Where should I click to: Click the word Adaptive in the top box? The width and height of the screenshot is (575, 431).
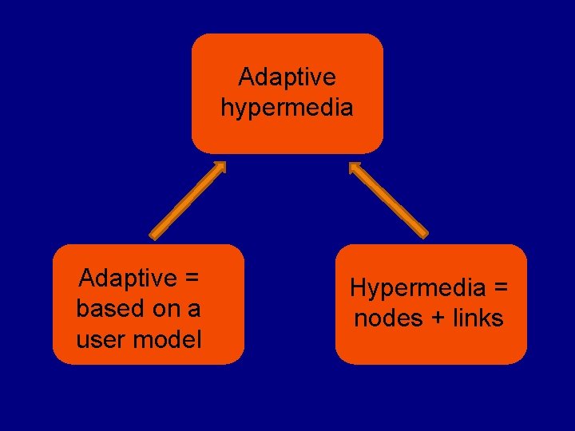pyautogui.click(x=287, y=77)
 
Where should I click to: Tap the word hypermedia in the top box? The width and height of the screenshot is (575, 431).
pyautogui.click(x=287, y=107)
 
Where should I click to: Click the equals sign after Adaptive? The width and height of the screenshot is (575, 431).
pyautogui.click(x=191, y=279)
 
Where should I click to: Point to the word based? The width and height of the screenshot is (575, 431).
pyautogui.click(x=107, y=308)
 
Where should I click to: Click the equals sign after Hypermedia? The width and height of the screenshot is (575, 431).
pyautogui.click(x=499, y=288)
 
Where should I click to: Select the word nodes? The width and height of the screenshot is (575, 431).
pyautogui.click(x=388, y=318)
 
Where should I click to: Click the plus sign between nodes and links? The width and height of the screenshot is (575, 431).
pyautogui.click(x=438, y=318)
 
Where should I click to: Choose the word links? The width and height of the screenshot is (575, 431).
pyautogui.click(x=478, y=318)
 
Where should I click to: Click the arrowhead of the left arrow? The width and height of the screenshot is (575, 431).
pyautogui.click(x=219, y=168)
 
